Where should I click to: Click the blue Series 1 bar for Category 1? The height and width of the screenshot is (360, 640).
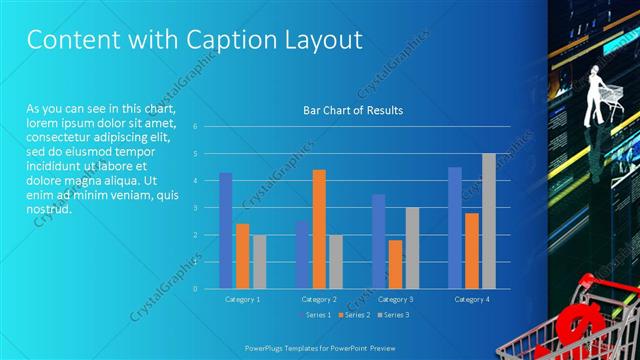[226, 230]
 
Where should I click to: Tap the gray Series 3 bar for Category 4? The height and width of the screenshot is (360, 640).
[488, 220]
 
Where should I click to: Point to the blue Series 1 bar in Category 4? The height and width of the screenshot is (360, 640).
[455, 227]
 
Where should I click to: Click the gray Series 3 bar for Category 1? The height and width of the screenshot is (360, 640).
[259, 261]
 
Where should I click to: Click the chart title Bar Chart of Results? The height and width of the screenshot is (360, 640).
[353, 110]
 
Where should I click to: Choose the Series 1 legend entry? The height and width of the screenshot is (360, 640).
[316, 315]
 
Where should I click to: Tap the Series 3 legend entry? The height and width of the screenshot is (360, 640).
[393, 315]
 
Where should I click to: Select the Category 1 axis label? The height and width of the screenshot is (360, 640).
[242, 299]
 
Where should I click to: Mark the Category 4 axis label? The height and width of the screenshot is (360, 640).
[472, 299]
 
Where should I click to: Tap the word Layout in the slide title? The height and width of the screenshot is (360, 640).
[317, 40]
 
